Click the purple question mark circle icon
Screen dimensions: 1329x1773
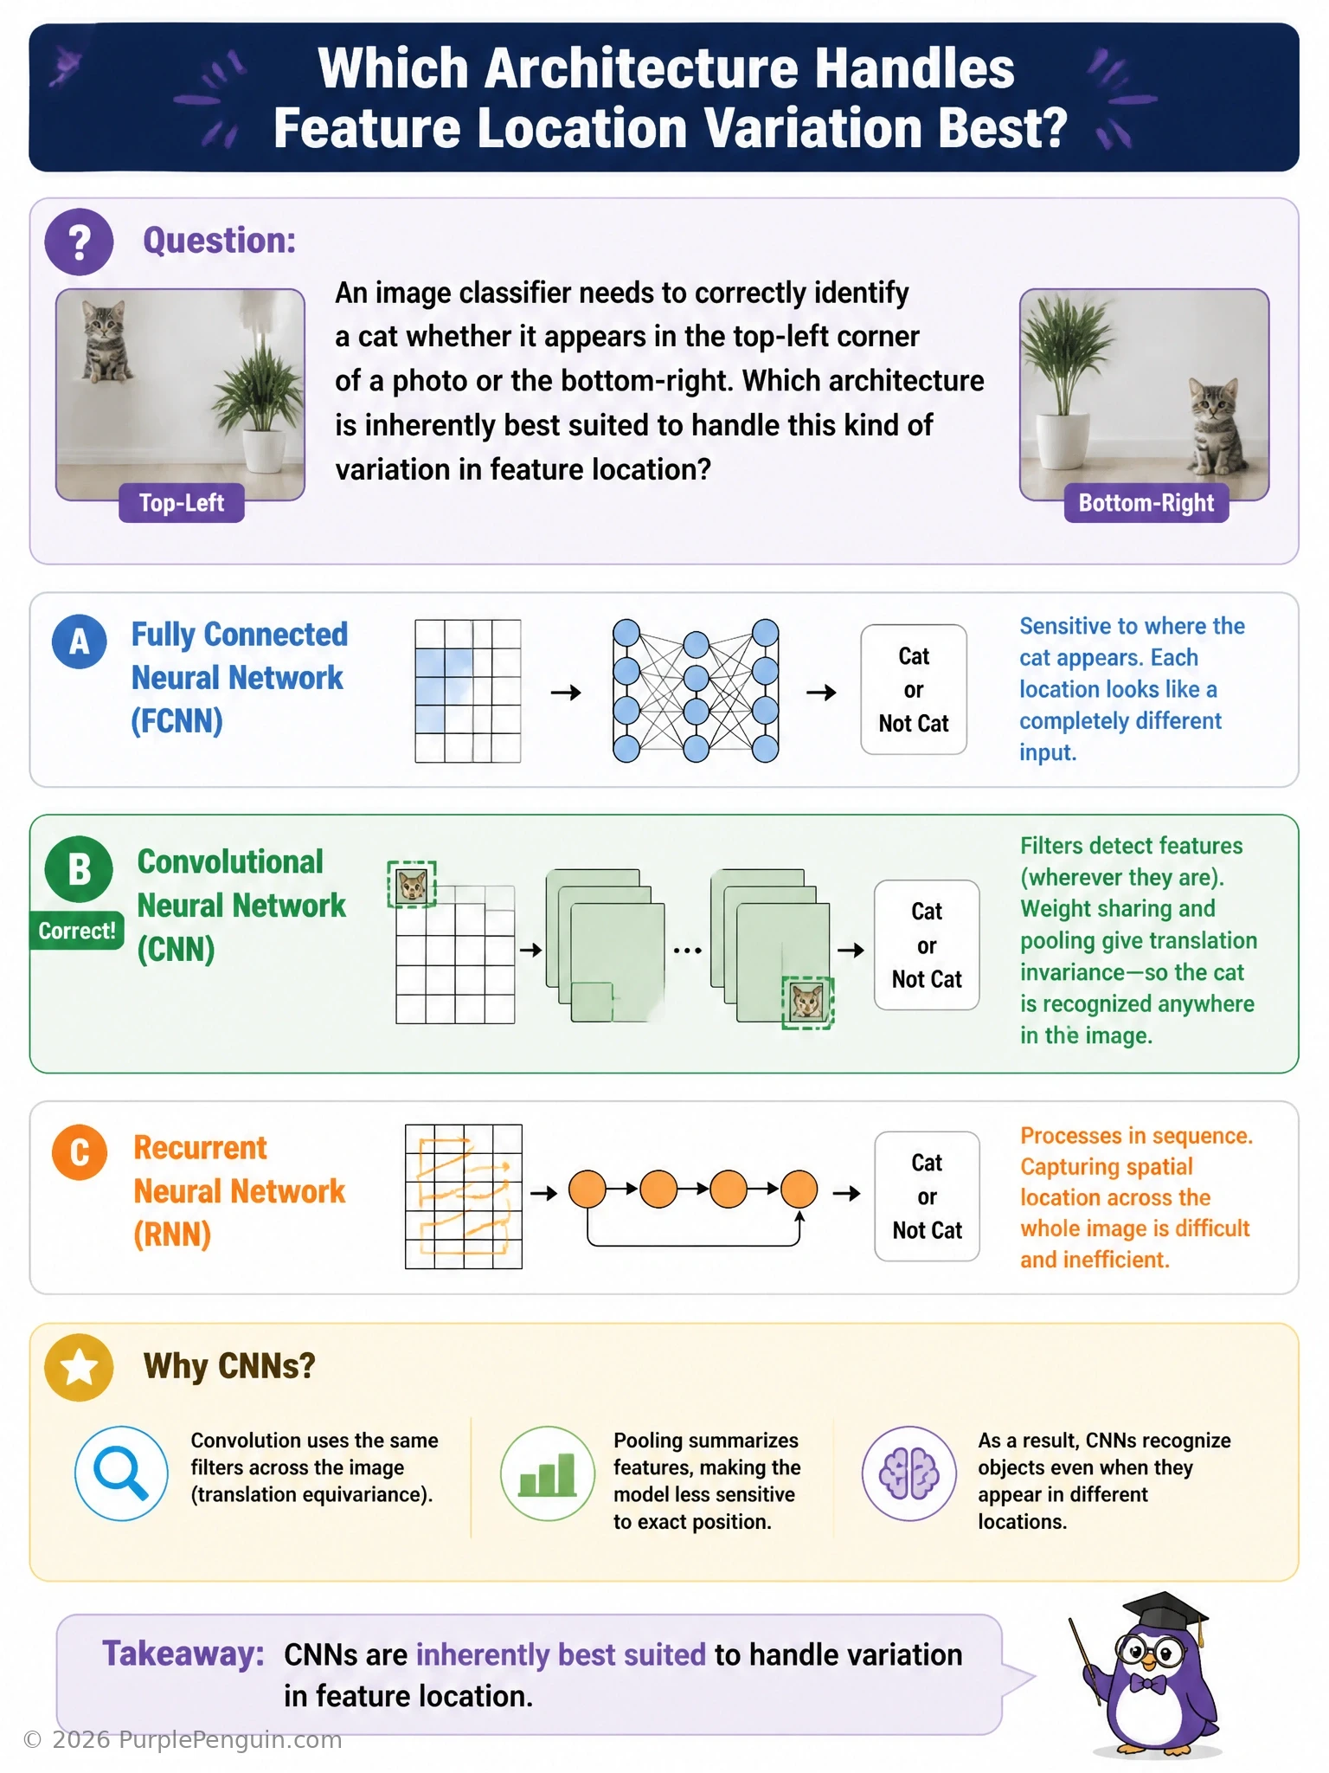[x=79, y=242]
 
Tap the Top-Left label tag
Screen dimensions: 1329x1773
[x=182, y=503]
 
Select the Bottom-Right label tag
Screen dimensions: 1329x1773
[x=1146, y=503]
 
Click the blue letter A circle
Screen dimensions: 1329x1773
[x=79, y=642]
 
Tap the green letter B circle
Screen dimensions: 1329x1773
[x=79, y=869]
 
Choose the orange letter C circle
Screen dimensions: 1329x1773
[x=79, y=1152]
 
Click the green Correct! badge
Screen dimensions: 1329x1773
[x=76, y=931]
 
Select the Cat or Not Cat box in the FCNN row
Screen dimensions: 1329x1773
[x=914, y=690]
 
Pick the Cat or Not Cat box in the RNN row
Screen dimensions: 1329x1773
[x=927, y=1196]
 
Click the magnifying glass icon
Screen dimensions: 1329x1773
[x=121, y=1473]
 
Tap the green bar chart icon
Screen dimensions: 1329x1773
[x=548, y=1473]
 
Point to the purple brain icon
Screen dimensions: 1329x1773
[x=909, y=1473]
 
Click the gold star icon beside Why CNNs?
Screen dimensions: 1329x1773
[x=79, y=1367]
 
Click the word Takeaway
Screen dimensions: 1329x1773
[x=183, y=1654]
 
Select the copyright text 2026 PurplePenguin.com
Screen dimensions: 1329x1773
[x=183, y=1739]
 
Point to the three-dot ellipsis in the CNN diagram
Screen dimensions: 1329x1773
[x=688, y=951]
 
